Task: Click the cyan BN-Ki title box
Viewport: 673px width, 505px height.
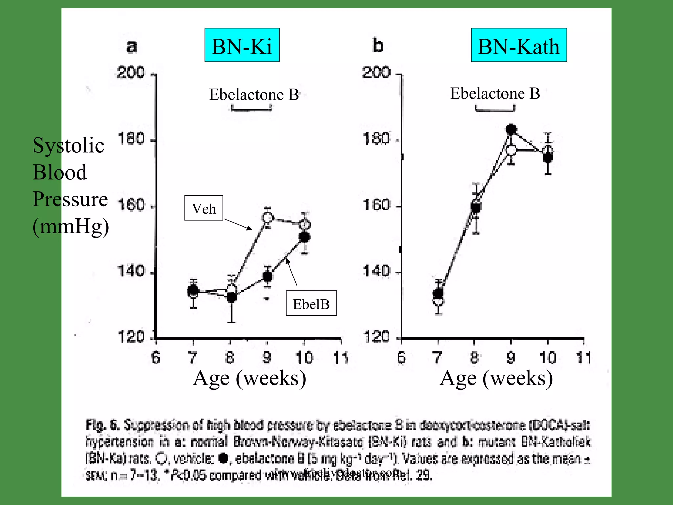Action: (242, 45)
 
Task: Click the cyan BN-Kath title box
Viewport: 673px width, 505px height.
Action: (519, 45)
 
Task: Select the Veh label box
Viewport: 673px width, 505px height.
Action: (204, 208)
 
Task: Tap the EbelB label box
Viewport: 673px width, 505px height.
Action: (311, 303)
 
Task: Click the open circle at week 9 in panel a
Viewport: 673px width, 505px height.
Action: (268, 217)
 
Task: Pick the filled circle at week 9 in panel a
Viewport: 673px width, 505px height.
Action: (268, 276)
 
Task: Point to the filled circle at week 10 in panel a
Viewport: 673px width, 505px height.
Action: (305, 237)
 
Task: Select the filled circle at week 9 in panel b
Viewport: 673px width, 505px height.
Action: (511, 129)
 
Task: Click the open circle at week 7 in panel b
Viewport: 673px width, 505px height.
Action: (438, 301)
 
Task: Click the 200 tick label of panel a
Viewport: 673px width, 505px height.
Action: (130, 72)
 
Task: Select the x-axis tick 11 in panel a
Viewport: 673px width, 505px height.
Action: (341, 358)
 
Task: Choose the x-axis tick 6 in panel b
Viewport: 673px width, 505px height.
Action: (401, 358)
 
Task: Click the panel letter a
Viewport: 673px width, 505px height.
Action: (132, 46)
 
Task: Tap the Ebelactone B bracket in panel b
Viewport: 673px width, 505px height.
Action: (495, 108)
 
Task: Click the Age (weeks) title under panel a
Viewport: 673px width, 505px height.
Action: (249, 378)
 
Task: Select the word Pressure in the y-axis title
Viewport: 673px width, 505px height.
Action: (70, 199)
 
